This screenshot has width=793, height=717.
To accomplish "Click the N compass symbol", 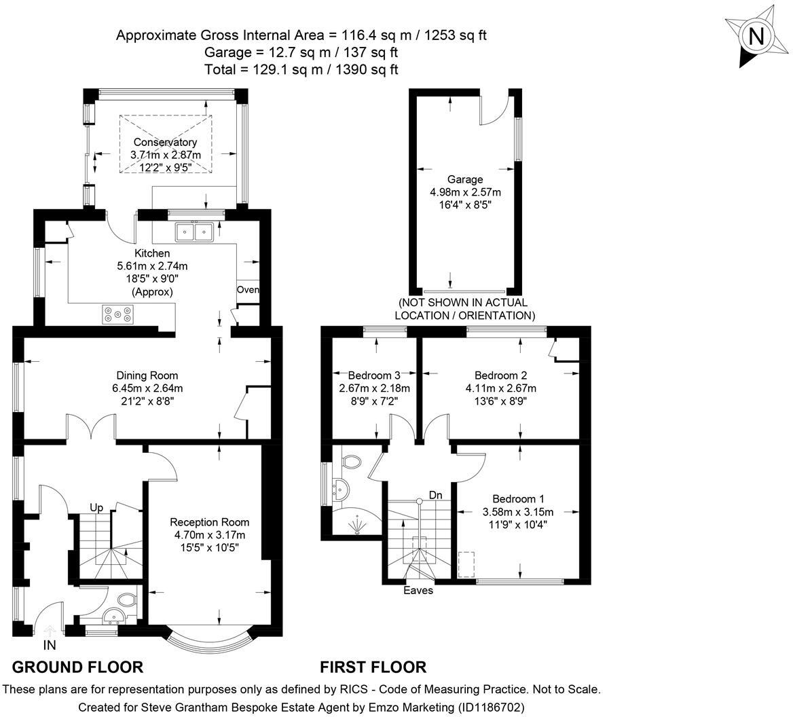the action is [x=756, y=37].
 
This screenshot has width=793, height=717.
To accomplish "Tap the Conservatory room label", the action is [x=165, y=142].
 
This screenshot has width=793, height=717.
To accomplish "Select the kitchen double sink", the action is [x=193, y=232].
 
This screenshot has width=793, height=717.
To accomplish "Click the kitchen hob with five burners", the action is [x=118, y=314].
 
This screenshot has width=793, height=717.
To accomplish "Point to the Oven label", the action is [x=248, y=290].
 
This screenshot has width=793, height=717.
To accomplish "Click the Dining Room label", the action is [x=147, y=375].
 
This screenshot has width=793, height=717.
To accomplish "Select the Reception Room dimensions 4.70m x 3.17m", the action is [x=210, y=534].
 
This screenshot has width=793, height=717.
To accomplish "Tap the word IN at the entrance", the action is [x=50, y=645].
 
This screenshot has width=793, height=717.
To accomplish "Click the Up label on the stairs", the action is [x=96, y=507].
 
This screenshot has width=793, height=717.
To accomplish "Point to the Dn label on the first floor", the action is [x=435, y=495].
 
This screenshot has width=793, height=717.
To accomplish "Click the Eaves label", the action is [x=418, y=590].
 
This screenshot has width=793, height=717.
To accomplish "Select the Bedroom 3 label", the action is [x=374, y=375].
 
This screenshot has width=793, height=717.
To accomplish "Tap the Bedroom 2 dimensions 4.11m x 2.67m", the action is [x=500, y=388].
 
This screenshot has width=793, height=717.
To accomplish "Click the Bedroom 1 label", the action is [x=519, y=498].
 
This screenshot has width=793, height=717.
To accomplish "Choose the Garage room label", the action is [x=465, y=179].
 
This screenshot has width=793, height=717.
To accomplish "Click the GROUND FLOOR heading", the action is [x=77, y=667].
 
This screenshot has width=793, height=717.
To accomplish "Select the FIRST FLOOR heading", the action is [x=373, y=667].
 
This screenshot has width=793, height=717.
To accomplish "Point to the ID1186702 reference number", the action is [x=492, y=706].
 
